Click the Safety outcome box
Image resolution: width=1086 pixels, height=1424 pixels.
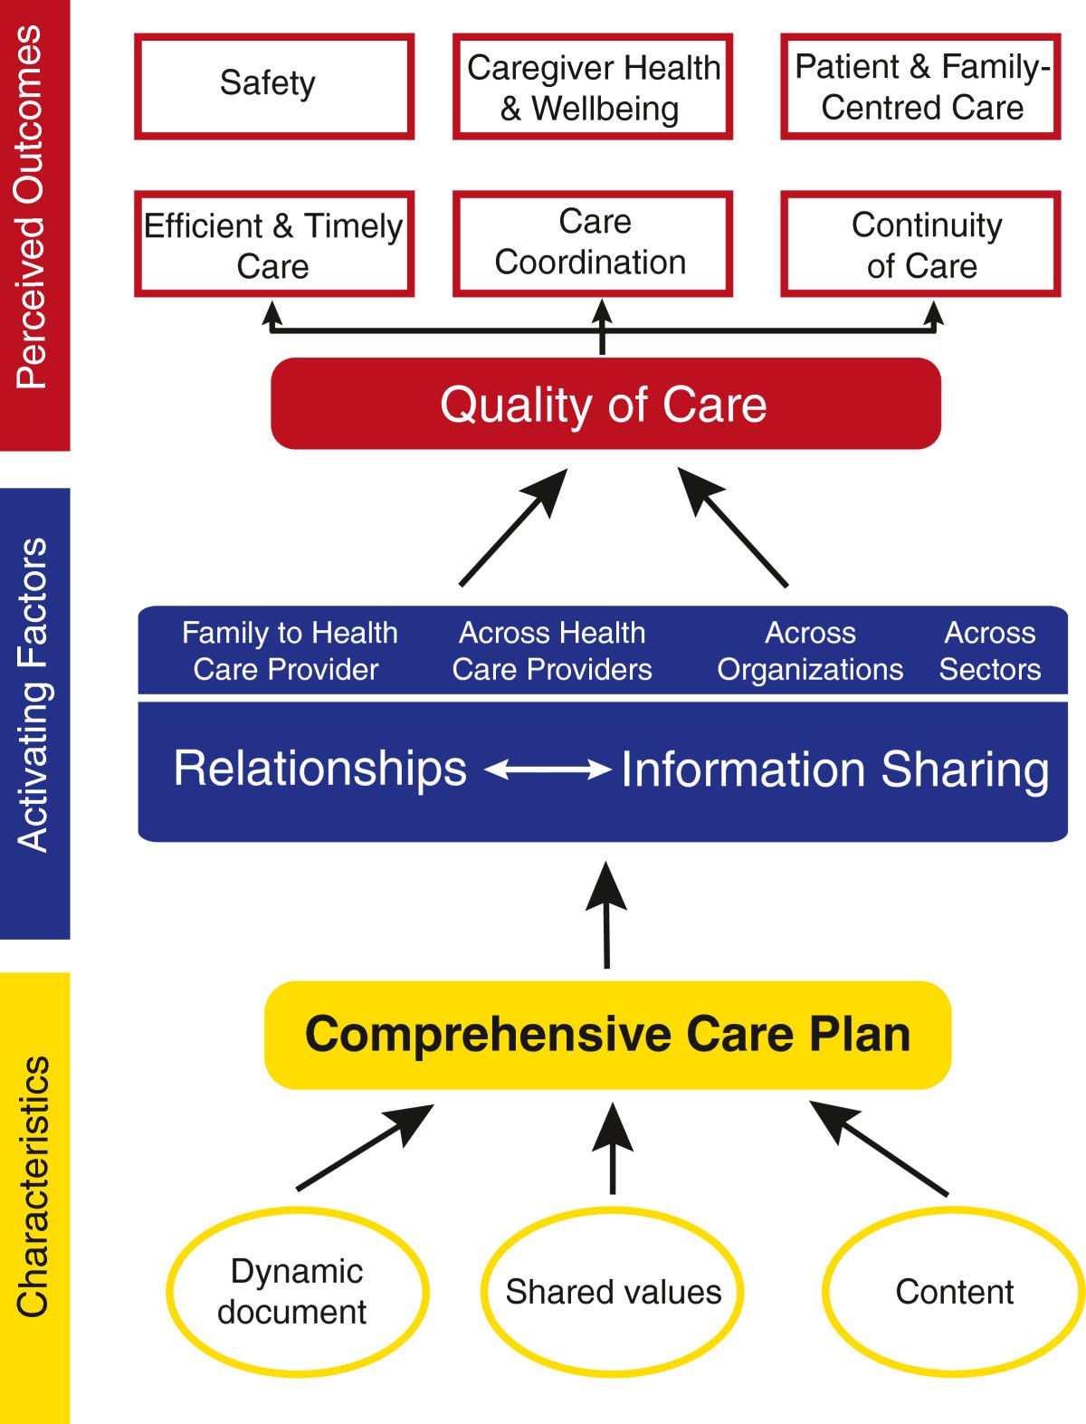click(274, 86)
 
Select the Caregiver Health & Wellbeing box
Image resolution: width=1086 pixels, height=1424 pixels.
click(593, 87)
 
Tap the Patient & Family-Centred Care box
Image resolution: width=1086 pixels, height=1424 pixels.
click(920, 87)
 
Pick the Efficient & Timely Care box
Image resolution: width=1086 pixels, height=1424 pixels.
click(274, 244)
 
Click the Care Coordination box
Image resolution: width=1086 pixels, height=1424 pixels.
click(593, 244)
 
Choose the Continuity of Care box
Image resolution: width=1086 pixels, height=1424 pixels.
click(920, 244)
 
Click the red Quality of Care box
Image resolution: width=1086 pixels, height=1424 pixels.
click(605, 404)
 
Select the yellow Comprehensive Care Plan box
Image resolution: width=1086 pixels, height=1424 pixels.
click(607, 1035)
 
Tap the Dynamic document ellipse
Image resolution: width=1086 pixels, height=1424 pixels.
click(297, 1292)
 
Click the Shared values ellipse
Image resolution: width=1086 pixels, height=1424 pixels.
click(613, 1292)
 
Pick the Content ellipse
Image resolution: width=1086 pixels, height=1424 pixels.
click(954, 1292)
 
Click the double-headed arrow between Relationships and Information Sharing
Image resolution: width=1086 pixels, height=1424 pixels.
click(548, 769)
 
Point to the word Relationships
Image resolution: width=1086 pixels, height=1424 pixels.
click(319, 768)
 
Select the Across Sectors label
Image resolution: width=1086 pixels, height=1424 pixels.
click(989, 651)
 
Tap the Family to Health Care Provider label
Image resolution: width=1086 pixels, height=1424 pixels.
click(289, 651)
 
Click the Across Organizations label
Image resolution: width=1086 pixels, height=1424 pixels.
click(810, 651)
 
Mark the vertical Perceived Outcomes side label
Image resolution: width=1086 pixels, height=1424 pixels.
click(33, 208)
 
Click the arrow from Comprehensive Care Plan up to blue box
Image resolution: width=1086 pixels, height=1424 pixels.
click(606, 914)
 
